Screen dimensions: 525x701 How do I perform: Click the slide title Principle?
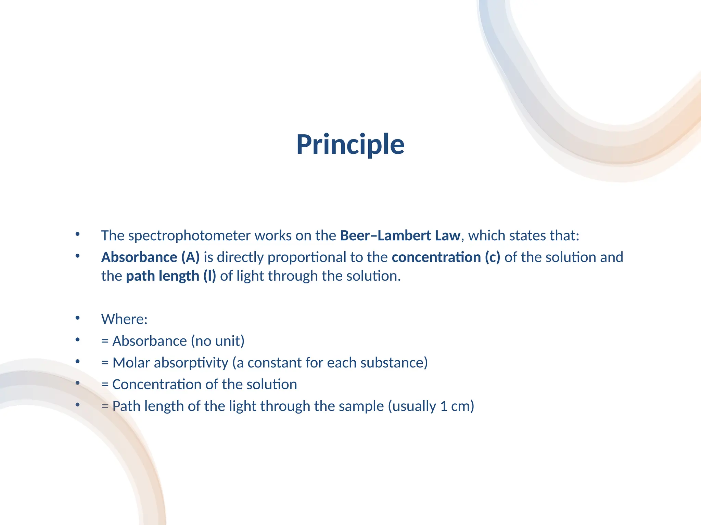point(350,145)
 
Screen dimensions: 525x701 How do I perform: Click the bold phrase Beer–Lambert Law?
point(400,236)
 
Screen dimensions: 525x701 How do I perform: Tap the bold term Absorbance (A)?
point(150,257)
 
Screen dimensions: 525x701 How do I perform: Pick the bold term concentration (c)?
point(446,257)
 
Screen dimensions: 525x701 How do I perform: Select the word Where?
point(124,320)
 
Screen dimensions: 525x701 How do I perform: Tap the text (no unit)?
point(218,341)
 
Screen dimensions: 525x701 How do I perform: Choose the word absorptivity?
point(191,363)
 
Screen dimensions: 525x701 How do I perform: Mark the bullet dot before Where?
point(78,318)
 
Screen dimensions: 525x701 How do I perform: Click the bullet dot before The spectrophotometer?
point(78,234)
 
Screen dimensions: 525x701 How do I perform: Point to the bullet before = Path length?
point(78,405)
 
